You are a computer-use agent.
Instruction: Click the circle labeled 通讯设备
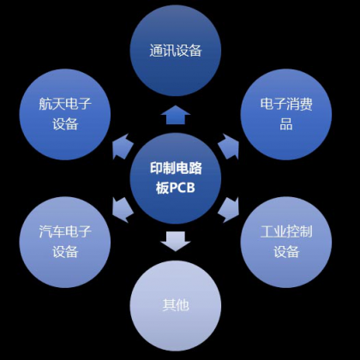pyautogui.click(x=176, y=51)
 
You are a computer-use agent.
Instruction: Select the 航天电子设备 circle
pyautogui.click(x=65, y=114)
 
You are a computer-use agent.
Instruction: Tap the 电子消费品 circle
pyautogui.click(x=286, y=114)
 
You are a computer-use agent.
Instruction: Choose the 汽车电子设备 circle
pyautogui.click(x=65, y=242)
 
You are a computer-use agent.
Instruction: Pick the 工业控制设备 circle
pyautogui.click(x=286, y=242)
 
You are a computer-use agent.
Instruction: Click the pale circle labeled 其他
pyautogui.click(x=176, y=306)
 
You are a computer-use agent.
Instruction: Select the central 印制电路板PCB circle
pyautogui.click(x=176, y=178)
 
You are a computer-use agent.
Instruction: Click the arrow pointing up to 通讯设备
pyautogui.click(x=176, y=115)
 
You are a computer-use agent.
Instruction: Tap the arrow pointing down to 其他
pyautogui.click(x=176, y=242)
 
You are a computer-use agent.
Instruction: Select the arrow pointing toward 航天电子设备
pyautogui.click(x=122, y=147)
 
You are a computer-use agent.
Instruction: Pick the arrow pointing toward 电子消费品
pyautogui.click(x=229, y=147)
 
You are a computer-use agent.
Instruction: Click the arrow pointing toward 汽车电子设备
pyautogui.click(x=122, y=209)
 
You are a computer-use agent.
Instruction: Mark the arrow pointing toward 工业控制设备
pyautogui.click(x=229, y=209)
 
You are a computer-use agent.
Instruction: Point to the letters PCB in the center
pyautogui.click(x=183, y=189)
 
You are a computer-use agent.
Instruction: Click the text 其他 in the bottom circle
pyautogui.click(x=176, y=305)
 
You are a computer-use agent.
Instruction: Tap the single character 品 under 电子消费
pyautogui.click(x=286, y=124)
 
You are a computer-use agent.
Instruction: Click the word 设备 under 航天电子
pyautogui.click(x=65, y=124)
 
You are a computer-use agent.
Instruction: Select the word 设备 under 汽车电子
pyautogui.click(x=65, y=252)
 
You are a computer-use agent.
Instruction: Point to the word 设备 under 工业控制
pyautogui.click(x=286, y=252)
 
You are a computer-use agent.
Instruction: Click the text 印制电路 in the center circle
pyautogui.click(x=176, y=168)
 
